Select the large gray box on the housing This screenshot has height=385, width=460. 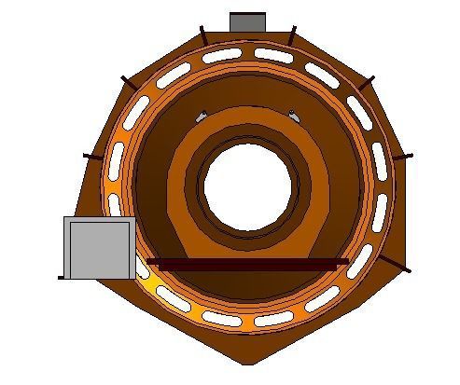coord(97,247)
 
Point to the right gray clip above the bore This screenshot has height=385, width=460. coord(293,117)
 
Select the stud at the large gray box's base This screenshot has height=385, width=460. coord(62,277)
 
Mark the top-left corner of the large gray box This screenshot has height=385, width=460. coord(64,218)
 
